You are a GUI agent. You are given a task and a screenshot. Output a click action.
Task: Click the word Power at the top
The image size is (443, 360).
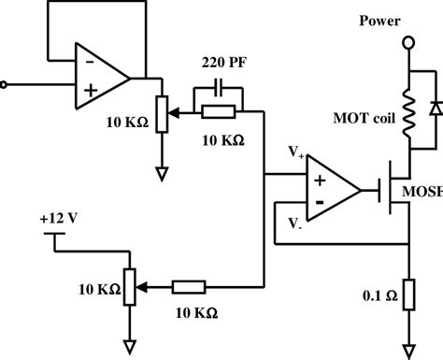[x=383, y=21]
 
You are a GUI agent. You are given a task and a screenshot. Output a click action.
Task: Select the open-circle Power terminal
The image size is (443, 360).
[x=406, y=43]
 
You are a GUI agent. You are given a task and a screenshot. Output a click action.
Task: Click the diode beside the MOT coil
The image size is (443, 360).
[x=435, y=108]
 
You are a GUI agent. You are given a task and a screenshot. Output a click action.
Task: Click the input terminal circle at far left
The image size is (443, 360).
[x=5, y=84]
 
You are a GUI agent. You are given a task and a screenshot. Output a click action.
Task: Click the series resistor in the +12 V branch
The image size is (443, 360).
[x=191, y=286]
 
